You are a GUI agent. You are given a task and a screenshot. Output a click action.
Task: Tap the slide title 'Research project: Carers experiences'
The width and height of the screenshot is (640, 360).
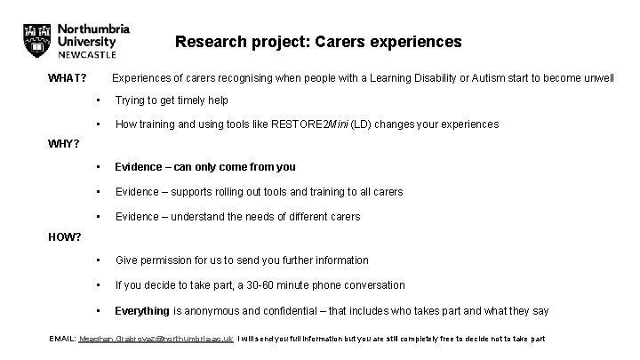point(318,42)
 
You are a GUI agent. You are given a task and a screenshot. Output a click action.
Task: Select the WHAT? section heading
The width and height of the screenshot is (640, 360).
point(67,78)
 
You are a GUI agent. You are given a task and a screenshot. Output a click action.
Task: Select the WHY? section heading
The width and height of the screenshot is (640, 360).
point(63,144)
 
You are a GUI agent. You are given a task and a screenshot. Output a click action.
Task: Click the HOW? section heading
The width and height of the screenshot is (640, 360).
point(64,237)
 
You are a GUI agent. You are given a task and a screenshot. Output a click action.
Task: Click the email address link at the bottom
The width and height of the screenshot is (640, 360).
point(156,340)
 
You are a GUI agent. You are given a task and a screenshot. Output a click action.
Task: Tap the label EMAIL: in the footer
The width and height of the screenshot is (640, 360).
point(62,340)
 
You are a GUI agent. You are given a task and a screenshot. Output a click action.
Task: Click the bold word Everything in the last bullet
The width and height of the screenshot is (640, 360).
point(142,311)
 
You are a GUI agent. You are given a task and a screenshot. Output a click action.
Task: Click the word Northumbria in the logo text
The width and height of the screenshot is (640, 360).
point(93,28)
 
